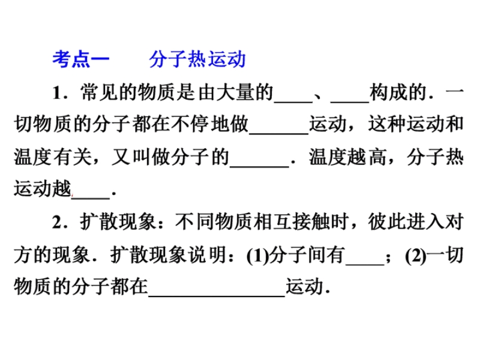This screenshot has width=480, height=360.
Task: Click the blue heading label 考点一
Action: click(81, 59)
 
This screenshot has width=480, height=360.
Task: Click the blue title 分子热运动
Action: click(197, 59)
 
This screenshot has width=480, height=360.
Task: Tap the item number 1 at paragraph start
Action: click(56, 92)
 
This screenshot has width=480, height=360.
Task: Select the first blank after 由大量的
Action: click(293, 101)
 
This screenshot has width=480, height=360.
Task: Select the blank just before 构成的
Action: click(350, 101)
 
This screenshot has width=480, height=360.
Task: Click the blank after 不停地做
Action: click(279, 133)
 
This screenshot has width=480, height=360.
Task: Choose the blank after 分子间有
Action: click(365, 264)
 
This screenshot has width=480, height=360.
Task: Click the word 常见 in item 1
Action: click(99, 92)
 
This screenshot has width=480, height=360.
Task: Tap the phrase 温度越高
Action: click(347, 157)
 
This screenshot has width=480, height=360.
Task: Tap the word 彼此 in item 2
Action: click(386, 222)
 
